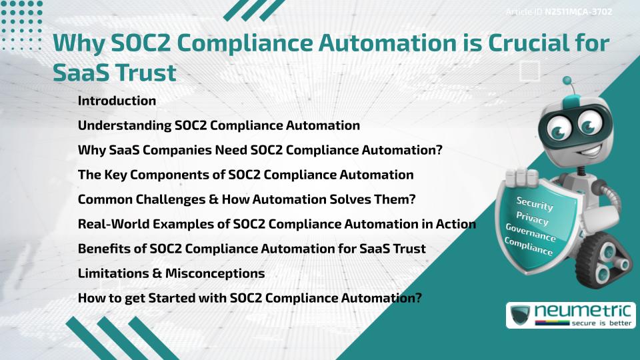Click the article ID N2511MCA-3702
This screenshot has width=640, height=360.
pyautogui.click(x=578, y=11)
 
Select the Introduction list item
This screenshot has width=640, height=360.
pyautogui.click(x=117, y=101)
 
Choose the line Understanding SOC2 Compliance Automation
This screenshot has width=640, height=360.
pyautogui.click(x=219, y=125)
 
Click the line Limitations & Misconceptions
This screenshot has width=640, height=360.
pyautogui.click(x=171, y=273)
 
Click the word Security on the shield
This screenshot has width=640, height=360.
pyautogui.click(x=534, y=205)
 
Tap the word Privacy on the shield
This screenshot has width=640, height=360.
pyautogui.click(x=533, y=219)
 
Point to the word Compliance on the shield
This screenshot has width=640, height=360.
pyautogui.click(x=529, y=247)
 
